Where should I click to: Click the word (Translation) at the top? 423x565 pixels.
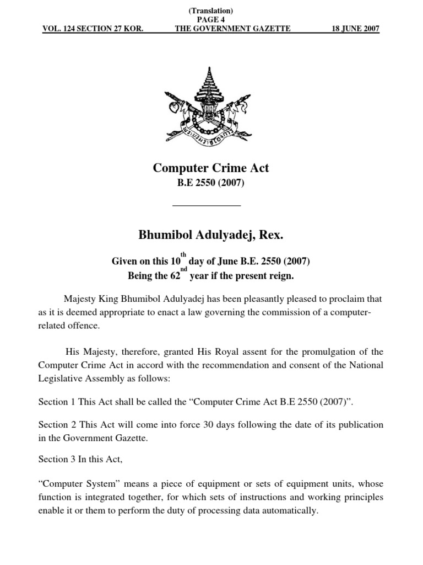pos(211,11)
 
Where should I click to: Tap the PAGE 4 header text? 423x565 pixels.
pos(211,19)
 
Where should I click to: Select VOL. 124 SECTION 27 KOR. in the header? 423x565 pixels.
pos(93,29)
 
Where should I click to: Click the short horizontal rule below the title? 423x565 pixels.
pos(207,205)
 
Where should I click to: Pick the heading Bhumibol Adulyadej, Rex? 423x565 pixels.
pos(210,236)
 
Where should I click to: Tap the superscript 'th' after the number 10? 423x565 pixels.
pos(184,255)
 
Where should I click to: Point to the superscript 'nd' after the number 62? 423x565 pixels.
pos(185,269)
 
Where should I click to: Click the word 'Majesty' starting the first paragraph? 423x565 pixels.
pos(80,299)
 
